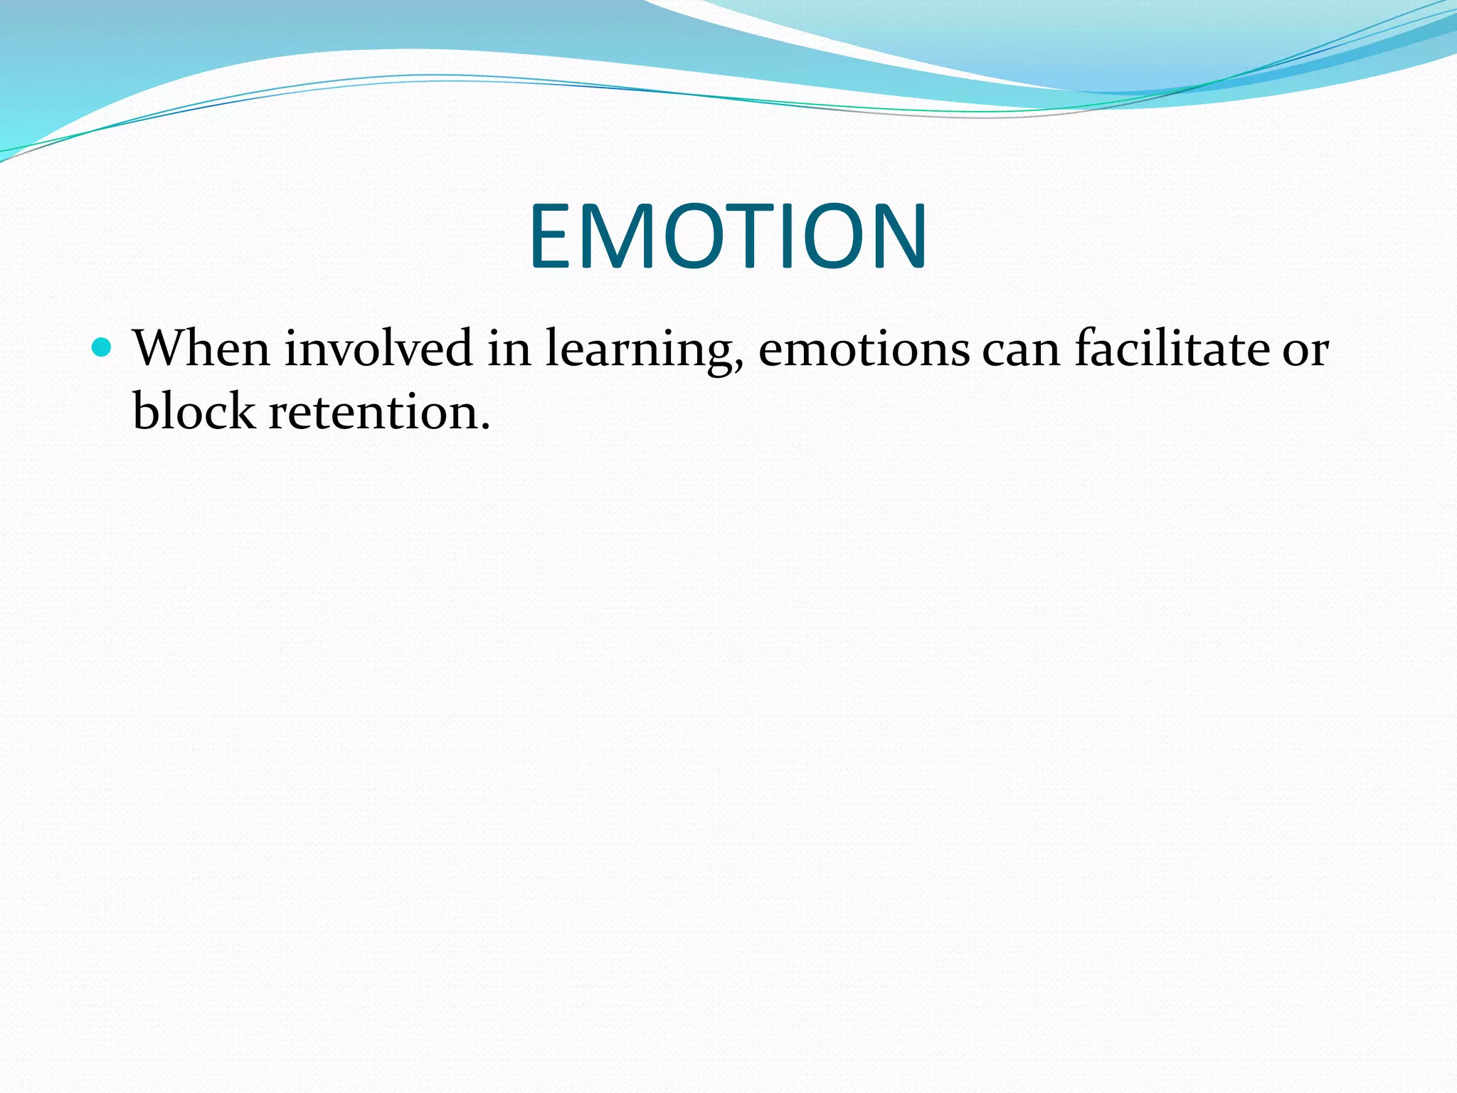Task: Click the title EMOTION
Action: point(728,236)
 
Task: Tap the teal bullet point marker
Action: point(102,348)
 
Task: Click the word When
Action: point(201,349)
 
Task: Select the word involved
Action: point(378,349)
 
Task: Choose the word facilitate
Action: point(1172,349)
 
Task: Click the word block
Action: point(194,411)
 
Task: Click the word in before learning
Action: point(509,349)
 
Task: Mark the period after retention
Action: point(485,428)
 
